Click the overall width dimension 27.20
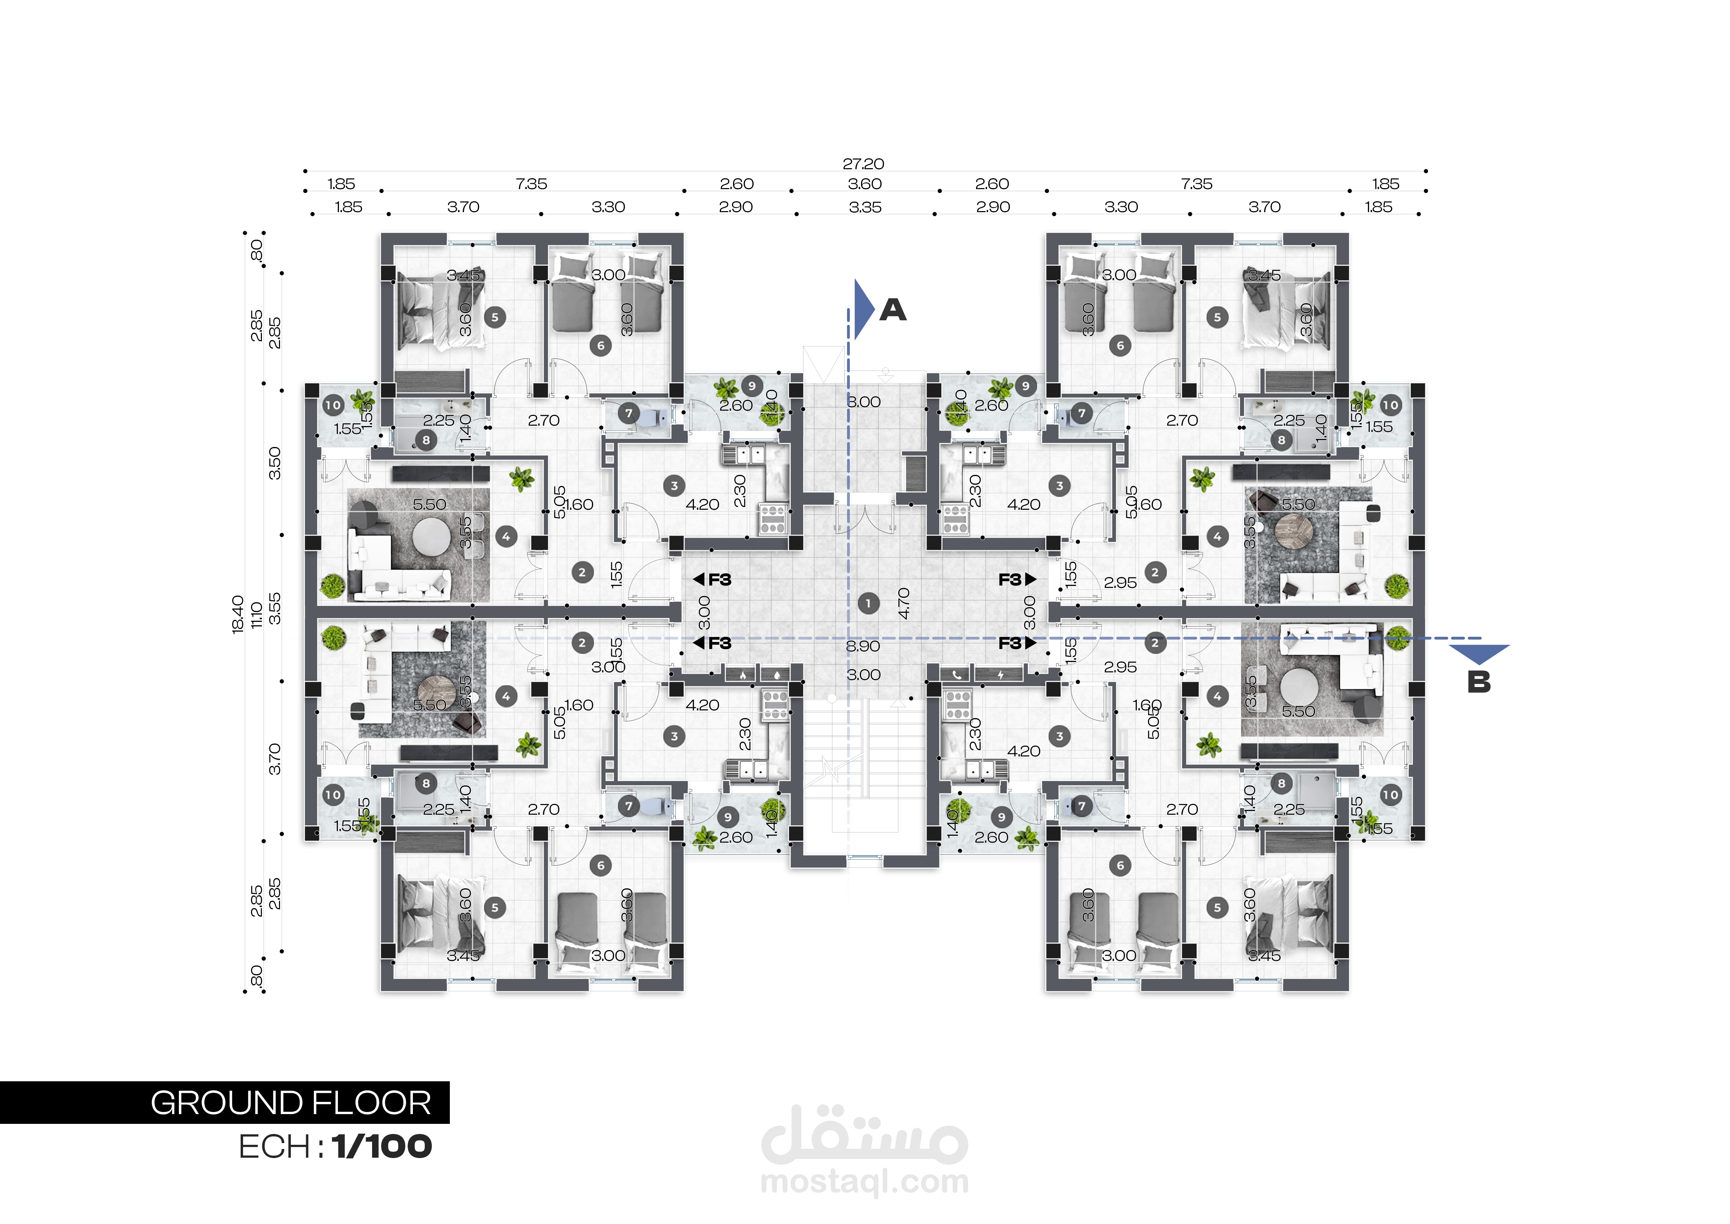tap(863, 164)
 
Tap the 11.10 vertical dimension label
tap(256, 614)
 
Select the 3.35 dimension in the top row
tap(865, 207)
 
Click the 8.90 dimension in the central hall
tap(863, 646)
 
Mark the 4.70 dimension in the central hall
tap(904, 603)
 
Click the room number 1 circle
tap(868, 603)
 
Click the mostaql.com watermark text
tap(864, 1182)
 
